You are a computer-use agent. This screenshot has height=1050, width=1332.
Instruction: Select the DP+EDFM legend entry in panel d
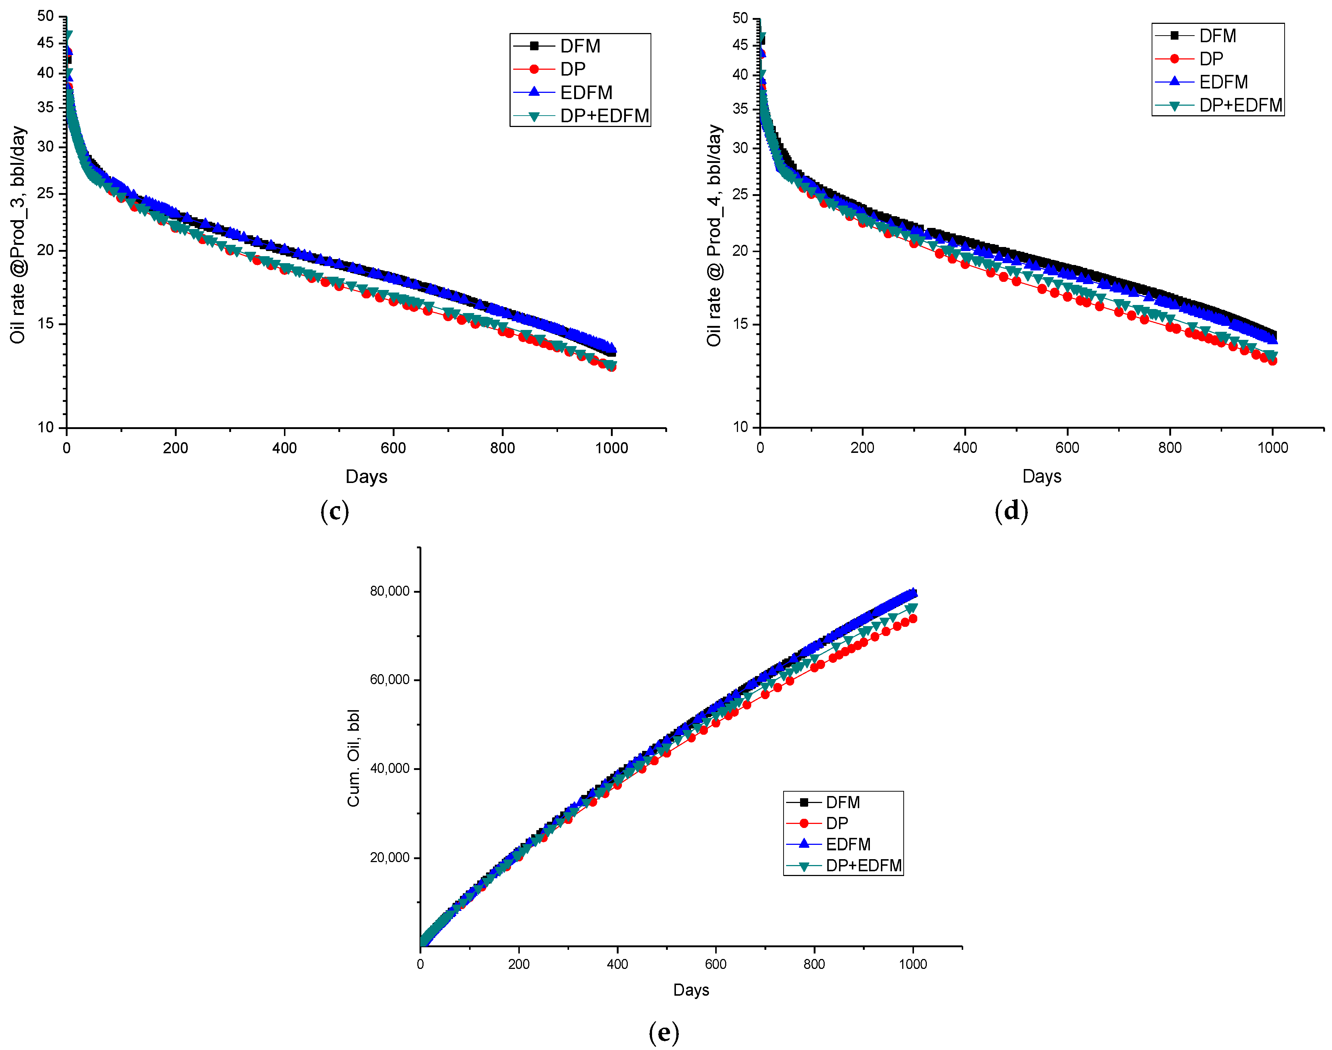click(x=1240, y=105)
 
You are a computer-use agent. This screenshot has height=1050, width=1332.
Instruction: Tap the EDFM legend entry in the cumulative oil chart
click(x=847, y=844)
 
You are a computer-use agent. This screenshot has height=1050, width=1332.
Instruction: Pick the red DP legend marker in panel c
click(x=533, y=69)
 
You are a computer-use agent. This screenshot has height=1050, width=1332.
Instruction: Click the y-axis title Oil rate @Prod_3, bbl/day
click(x=18, y=235)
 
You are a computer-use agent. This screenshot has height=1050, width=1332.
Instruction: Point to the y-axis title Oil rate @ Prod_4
click(x=714, y=235)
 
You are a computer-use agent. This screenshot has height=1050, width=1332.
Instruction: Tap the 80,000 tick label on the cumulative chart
click(x=389, y=591)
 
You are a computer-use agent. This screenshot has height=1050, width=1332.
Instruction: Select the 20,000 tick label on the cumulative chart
click(x=389, y=858)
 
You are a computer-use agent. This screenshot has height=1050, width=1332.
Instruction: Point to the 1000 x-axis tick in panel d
click(x=1272, y=447)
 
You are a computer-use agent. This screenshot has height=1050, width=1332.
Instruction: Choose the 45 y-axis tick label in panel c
click(x=46, y=43)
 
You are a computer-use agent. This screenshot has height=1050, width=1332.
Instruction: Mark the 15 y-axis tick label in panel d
click(x=740, y=324)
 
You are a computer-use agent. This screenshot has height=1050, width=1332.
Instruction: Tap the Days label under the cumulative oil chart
click(x=691, y=990)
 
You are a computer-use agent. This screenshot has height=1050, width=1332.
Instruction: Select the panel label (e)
click(x=664, y=1033)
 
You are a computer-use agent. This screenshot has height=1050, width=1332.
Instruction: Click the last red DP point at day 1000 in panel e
click(x=912, y=618)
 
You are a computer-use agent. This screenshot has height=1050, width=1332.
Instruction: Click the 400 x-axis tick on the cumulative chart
click(x=617, y=964)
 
